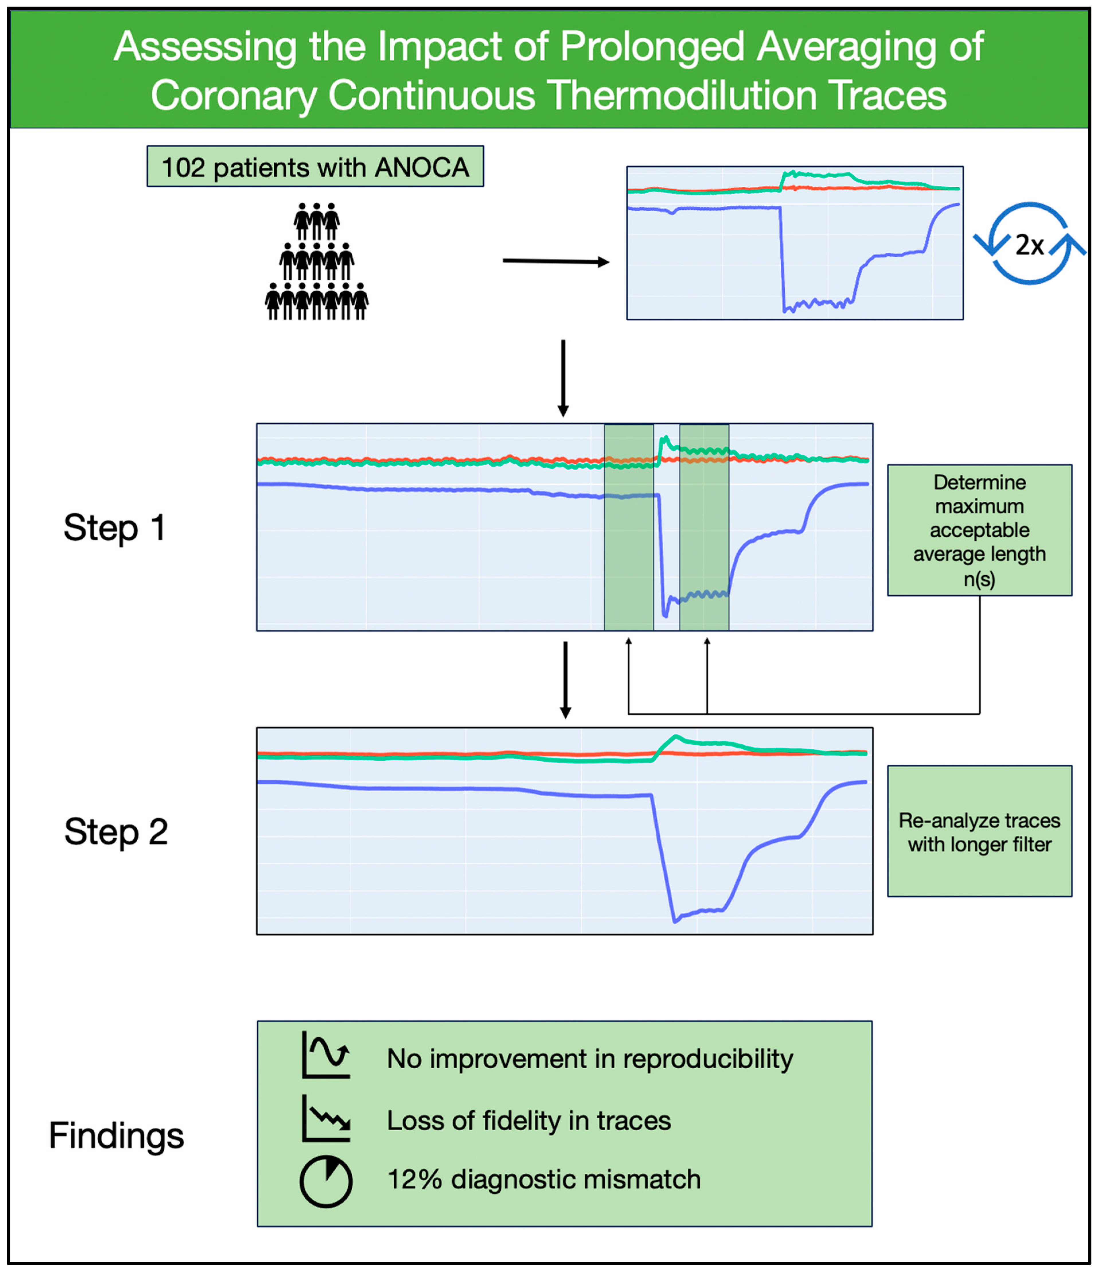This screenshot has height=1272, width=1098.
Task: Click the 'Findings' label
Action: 116,1135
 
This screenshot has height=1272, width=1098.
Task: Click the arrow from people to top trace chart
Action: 555,262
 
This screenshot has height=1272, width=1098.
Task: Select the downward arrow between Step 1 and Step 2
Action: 565,679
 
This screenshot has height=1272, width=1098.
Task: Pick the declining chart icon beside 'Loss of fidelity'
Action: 326,1119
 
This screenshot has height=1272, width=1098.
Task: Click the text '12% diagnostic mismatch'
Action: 544,1179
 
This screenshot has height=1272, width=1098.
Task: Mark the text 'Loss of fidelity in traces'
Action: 528,1120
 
